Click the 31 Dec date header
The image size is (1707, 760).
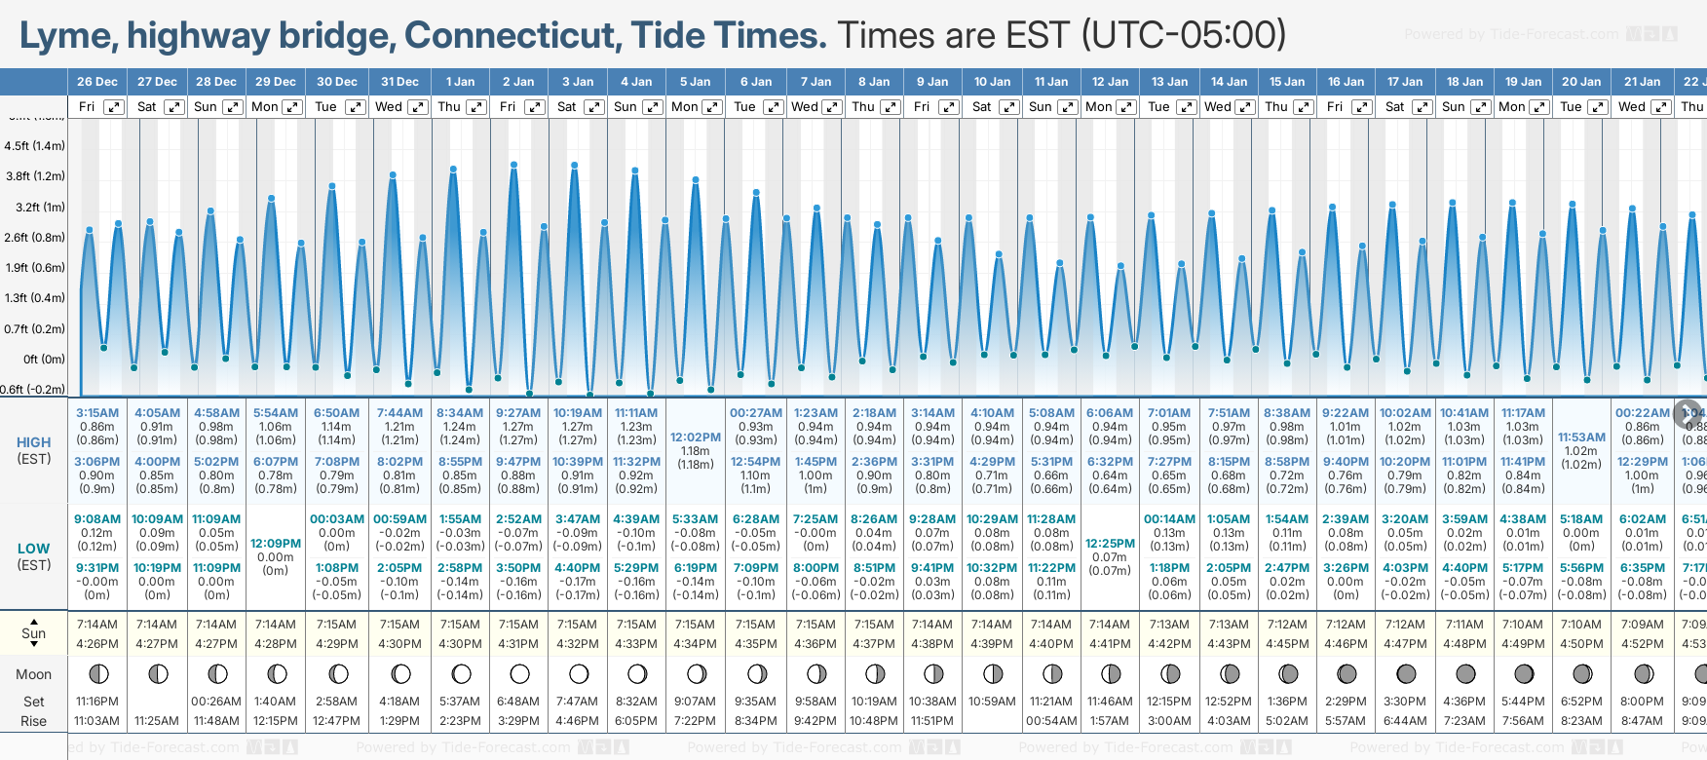coord(399,82)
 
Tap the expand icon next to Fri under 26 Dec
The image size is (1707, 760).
coord(114,107)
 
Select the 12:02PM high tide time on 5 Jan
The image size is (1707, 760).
coord(696,437)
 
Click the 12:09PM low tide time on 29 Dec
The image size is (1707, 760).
coord(276,544)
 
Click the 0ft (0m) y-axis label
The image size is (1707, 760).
coord(45,359)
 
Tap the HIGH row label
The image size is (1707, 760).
coord(34,442)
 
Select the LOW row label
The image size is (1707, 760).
coord(34,549)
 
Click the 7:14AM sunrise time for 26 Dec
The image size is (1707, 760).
coord(96,625)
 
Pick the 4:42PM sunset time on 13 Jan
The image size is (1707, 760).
coord(1169,643)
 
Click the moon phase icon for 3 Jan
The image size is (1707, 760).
coord(579,673)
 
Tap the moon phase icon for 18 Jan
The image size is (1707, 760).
coord(1465,673)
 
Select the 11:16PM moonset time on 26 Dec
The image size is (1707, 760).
coord(96,702)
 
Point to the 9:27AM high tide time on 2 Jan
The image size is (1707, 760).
coord(518,413)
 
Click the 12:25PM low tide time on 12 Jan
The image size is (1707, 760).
coord(1110,544)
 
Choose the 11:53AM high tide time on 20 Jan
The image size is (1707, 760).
coord(1581,437)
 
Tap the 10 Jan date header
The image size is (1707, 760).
coord(993,82)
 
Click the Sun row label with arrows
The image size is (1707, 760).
coord(34,633)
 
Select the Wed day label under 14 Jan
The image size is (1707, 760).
coord(1218,107)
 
